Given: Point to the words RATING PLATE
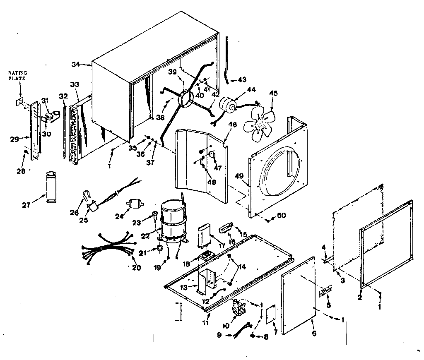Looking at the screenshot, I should click(18, 75).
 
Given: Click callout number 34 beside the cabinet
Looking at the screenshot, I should click(75, 64).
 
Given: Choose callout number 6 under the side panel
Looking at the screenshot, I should click(313, 333).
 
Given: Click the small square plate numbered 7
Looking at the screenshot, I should click(271, 314).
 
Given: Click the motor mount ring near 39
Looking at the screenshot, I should click(184, 100).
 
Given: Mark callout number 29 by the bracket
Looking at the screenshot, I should click(14, 139).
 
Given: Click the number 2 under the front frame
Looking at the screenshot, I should click(360, 297).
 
